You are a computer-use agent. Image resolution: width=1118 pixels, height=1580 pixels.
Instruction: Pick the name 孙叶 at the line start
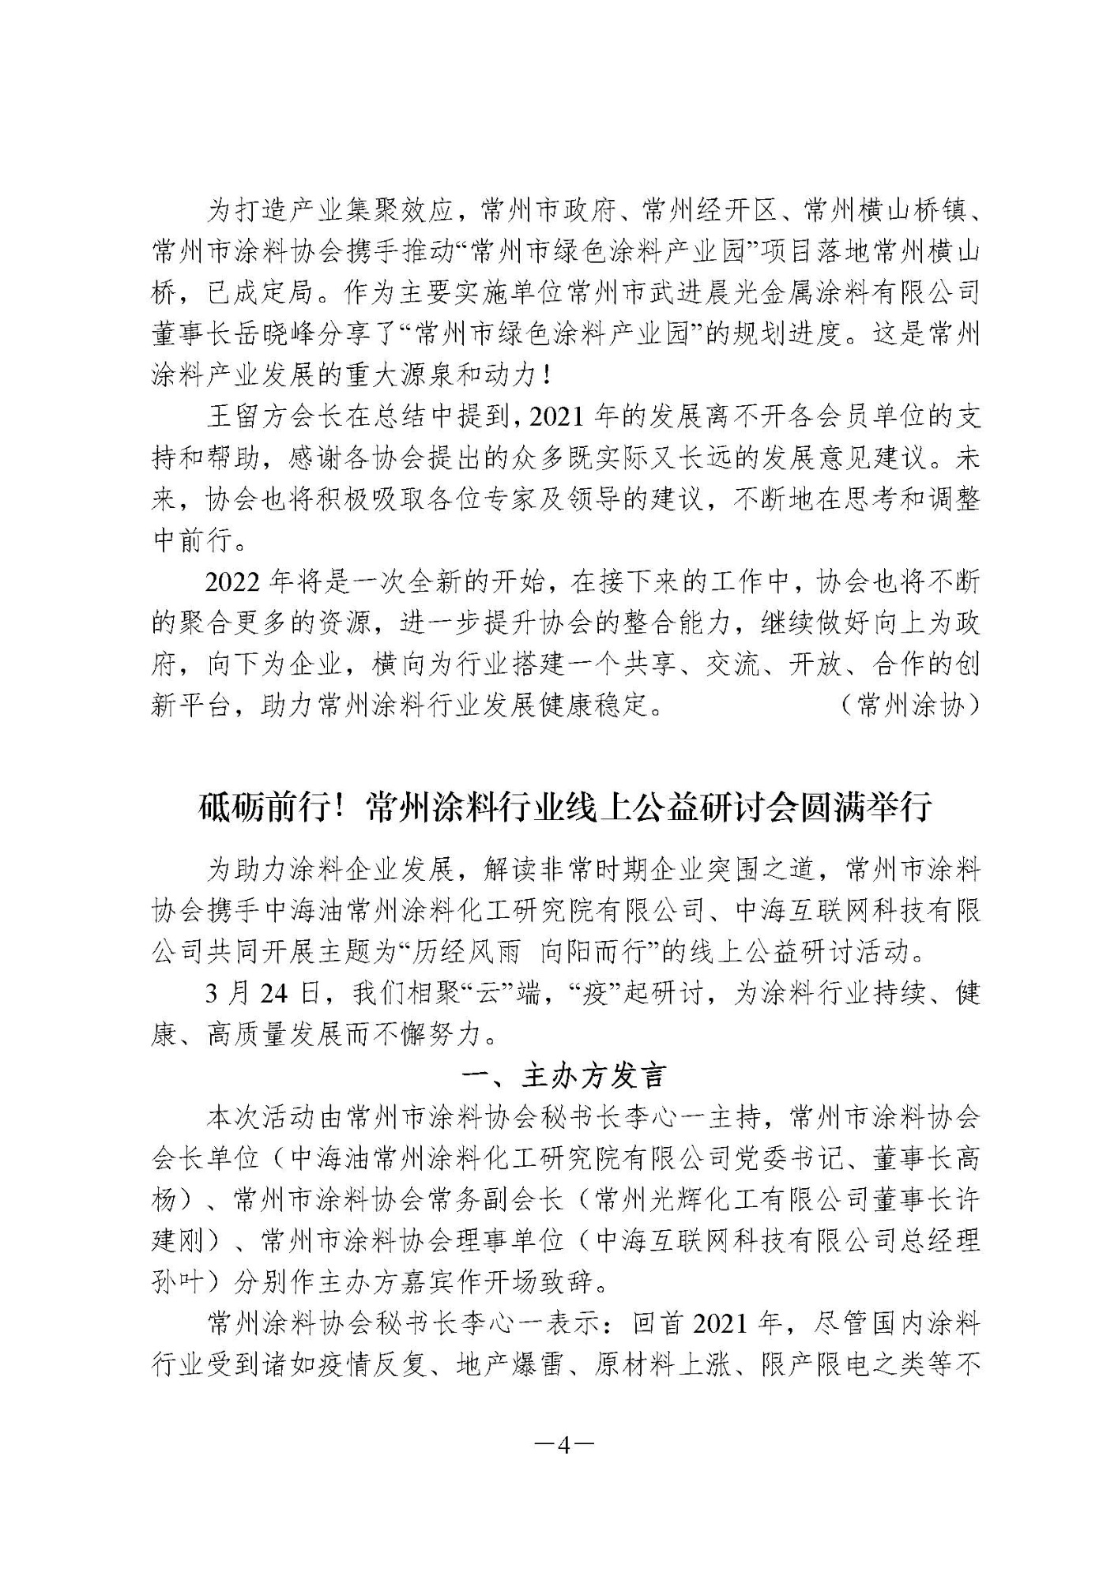pos(177,1282)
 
